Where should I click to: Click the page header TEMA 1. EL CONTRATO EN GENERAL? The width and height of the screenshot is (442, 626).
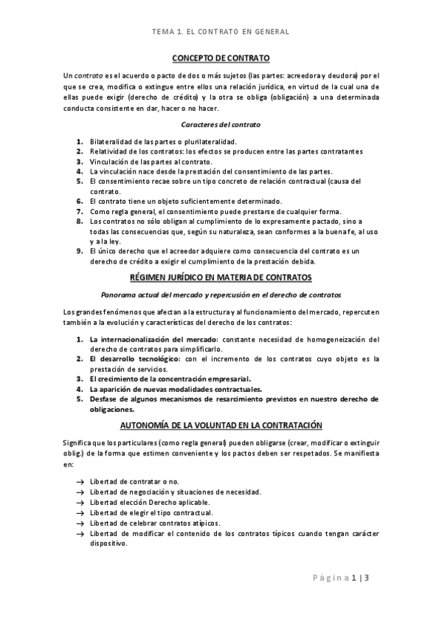click(x=220, y=32)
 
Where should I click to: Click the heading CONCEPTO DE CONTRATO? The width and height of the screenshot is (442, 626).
click(x=221, y=58)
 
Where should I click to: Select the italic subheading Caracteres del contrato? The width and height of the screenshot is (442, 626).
click(x=221, y=124)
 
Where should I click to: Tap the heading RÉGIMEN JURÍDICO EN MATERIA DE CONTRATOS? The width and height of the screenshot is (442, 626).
click(x=221, y=277)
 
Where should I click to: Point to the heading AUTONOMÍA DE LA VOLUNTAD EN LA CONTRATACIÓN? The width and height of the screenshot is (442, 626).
click(x=221, y=425)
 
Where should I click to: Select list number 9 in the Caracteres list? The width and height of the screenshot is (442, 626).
click(x=80, y=251)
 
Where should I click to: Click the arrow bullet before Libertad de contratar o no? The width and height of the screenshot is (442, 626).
click(x=80, y=481)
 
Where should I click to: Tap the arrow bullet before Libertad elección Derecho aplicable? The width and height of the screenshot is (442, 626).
click(x=80, y=502)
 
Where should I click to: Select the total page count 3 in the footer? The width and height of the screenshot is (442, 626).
click(x=365, y=578)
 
